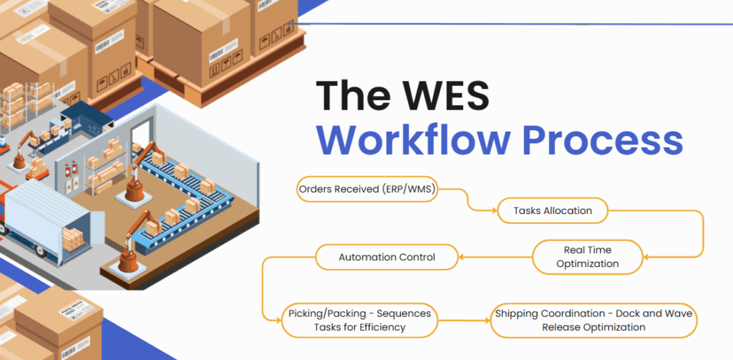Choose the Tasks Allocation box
pos(553,211)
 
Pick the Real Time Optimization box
pos(587,257)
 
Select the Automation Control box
pos(387,257)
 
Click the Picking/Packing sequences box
pos(359,320)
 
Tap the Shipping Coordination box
pos(593,320)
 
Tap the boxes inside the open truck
pos(73,239)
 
